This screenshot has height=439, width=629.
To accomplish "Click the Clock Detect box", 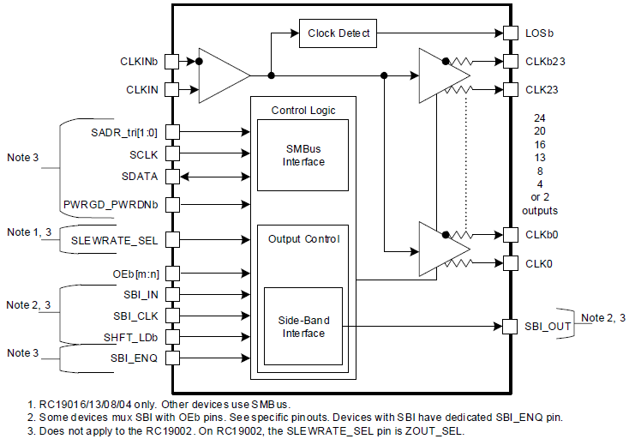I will (x=338, y=33).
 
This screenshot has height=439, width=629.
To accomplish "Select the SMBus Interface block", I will (x=303, y=155).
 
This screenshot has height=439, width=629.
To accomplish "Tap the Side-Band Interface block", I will (x=303, y=326).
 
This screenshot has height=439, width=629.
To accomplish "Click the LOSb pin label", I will (x=539, y=34).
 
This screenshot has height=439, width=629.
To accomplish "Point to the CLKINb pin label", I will (x=139, y=62).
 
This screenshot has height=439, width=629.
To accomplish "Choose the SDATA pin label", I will (x=140, y=175).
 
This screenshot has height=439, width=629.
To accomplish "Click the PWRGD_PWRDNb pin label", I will (x=110, y=205).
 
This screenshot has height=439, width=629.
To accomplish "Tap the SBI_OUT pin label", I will (x=548, y=326).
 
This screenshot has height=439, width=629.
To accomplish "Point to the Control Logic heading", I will (x=303, y=110).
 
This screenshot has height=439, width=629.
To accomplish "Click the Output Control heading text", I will (x=303, y=238).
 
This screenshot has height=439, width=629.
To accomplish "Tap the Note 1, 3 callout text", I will (x=30, y=232).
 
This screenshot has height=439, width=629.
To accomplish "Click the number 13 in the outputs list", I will (x=539, y=158).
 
